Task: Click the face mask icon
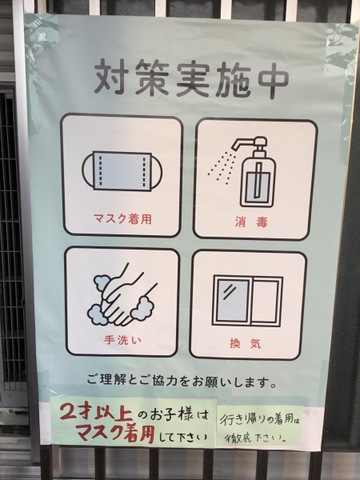click(123, 172)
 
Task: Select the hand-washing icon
click(121, 295)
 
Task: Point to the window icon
click(248, 301)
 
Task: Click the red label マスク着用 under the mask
click(123, 219)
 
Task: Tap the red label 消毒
click(252, 222)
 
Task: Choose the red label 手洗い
click(123, 340)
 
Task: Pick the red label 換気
click(246, 343)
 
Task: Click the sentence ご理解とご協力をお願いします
click(182, 381)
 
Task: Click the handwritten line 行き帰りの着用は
click(259, 420)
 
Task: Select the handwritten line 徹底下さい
click(255, 438)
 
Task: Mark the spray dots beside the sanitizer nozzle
click(222, 164)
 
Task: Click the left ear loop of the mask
click(88, 172)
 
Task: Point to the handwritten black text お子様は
click(178, 416)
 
